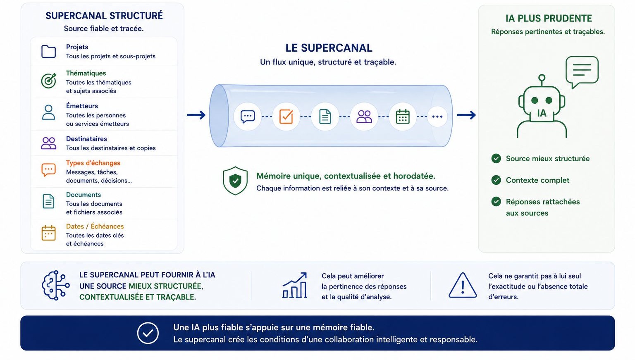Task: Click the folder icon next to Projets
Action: pos(48,51)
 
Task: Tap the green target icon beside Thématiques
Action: pos(48,81)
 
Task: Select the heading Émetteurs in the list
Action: pos(82,106)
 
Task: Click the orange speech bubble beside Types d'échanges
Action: pos(48,170)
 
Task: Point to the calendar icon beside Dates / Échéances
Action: pos(48,233)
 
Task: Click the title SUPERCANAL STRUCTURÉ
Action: pos(104,16)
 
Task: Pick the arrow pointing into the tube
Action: pos(196,115)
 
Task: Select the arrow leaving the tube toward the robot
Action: pos(466,115)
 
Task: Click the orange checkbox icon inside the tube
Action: pos(286,117)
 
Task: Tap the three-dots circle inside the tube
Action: pos(437,117)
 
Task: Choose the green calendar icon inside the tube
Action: pos(403,117)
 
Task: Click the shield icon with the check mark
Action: pos(235,181)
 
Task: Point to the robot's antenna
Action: pos(542,80)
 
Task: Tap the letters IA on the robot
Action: pos(542,113)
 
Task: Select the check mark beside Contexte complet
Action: pos(496,180)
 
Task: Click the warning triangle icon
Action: pos(463,285)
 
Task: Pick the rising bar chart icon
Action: pos(295,285)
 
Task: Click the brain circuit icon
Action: pos(55,285)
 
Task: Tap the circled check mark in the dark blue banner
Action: pos(148,333)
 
